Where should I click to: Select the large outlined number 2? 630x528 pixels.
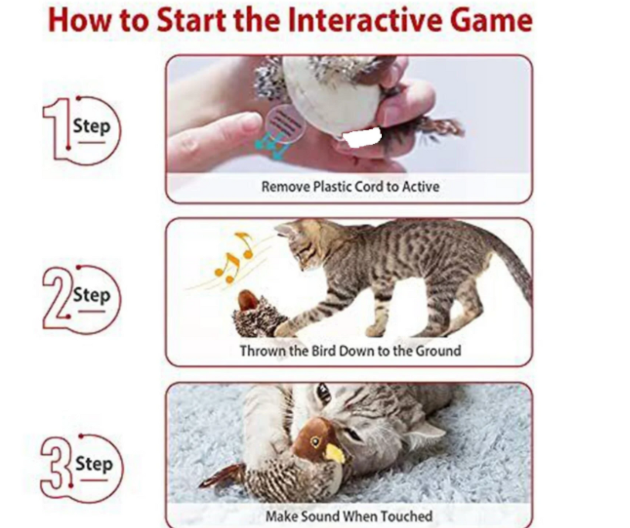click(x=57, y=298)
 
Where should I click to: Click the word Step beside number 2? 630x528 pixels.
click(x=92, y=295)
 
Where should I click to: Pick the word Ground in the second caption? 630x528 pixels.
click(x=438, y=351)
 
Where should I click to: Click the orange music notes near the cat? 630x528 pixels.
click(x=233, y=258)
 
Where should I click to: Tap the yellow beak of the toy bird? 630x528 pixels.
click(x=335, y=453)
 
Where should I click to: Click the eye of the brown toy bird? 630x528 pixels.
click(x=316, y=442)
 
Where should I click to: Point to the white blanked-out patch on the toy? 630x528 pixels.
click(x=362, y=138)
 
